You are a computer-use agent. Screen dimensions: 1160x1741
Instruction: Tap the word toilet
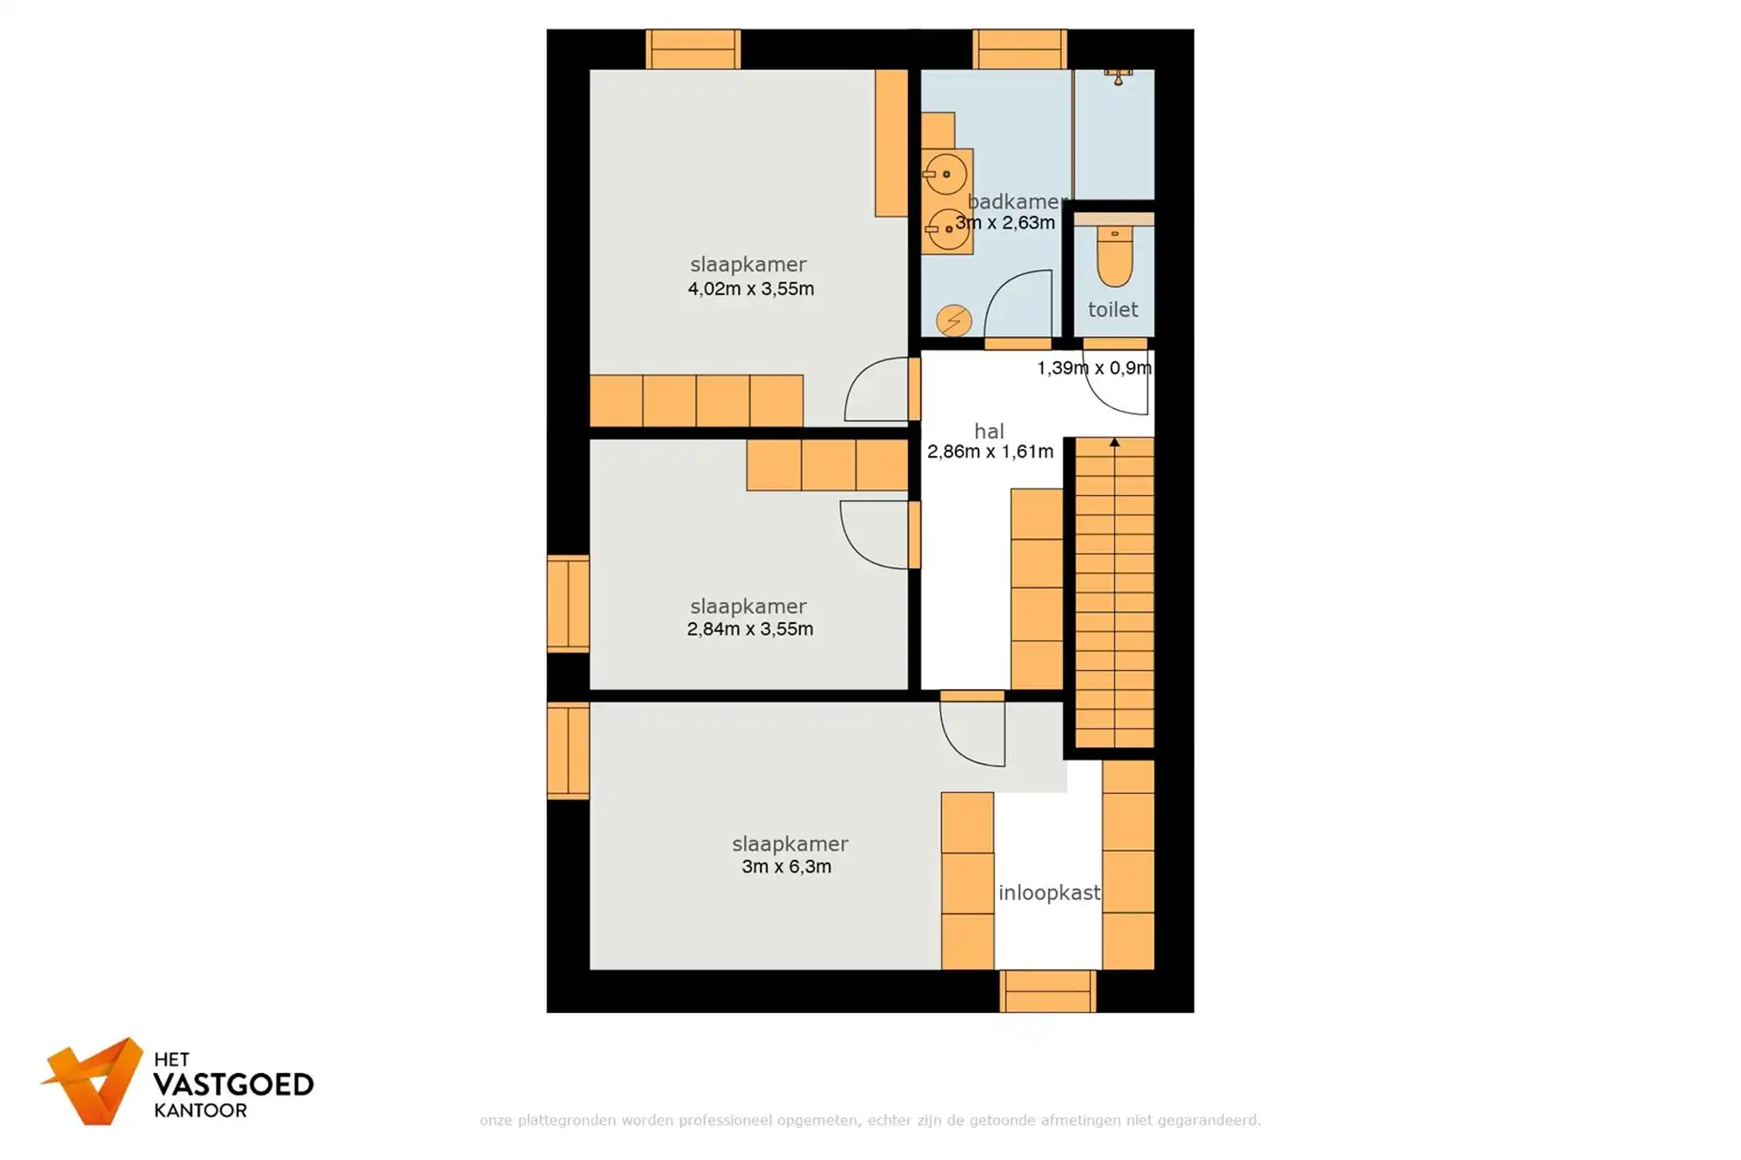1112,309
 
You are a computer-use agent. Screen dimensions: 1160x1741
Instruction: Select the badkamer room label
1016,201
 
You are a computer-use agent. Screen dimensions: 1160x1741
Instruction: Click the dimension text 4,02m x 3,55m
750,289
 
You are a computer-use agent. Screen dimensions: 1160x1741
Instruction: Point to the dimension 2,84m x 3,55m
750,629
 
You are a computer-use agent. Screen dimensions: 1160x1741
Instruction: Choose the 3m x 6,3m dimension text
786,867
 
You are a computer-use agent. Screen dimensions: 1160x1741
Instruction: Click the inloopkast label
1049,893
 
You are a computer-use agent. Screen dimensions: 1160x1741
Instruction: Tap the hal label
989,431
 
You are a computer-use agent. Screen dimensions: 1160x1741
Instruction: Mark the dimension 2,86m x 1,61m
990,452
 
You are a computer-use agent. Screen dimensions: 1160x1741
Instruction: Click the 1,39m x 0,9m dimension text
1093,368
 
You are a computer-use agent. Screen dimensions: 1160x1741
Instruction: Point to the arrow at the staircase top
1114,443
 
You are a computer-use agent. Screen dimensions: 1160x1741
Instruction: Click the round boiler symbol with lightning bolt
953,320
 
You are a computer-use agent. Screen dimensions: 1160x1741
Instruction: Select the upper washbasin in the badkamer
946,174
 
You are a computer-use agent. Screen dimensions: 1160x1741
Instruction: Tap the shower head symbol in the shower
1118,77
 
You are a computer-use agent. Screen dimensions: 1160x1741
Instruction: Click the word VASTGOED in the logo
232,1085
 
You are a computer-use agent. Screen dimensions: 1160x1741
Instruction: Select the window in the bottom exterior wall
1047,991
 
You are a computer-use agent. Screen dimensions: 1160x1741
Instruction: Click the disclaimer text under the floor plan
870,1120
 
